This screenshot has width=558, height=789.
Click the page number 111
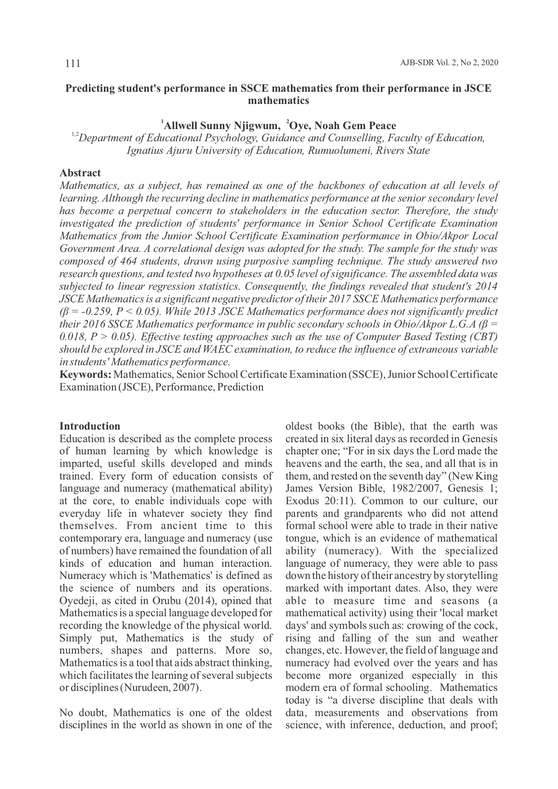coord(72,63)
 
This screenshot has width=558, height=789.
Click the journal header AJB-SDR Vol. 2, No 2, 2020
coord(449,63)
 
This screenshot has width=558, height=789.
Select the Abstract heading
coord(80,173)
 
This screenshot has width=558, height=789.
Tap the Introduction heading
coord(90,426)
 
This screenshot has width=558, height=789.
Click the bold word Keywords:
coord(85,375)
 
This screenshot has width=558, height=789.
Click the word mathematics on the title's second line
coord(278,101)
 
